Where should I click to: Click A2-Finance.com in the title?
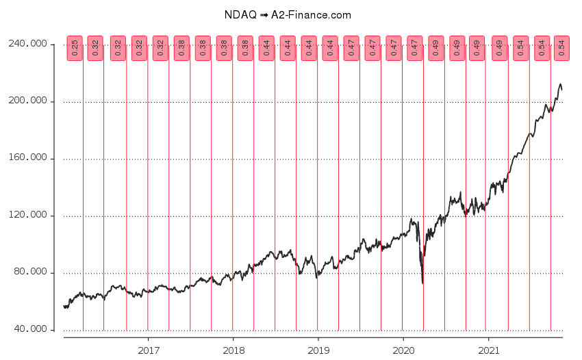coord(312,14)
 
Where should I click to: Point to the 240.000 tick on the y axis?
coord(29,44)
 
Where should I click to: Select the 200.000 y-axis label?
coord(29,101)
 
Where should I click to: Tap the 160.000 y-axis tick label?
coord(29,158)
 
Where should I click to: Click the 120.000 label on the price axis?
coord(29,216)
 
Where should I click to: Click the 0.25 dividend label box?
coord(75,48)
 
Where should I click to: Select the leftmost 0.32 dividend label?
coord(95,48)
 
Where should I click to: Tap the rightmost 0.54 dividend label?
coord(561,48)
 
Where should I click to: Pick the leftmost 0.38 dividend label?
coord(181,48)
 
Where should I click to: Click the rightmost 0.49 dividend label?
coord(499,48)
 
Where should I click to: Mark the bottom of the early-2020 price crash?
coord(422,283)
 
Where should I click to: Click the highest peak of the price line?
coord(560,84)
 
